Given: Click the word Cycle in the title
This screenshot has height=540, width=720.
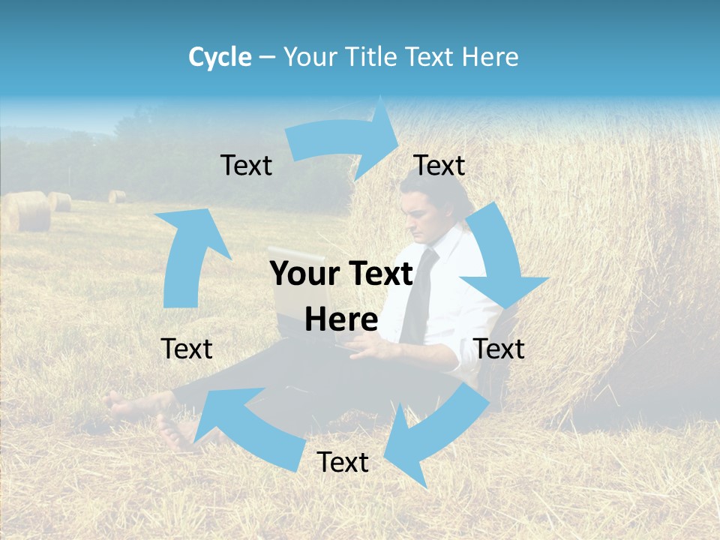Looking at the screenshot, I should pyautogui.click(x=220, y=57).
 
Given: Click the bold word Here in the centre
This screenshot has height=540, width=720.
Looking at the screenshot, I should pyautogui.click(x=341, y=319).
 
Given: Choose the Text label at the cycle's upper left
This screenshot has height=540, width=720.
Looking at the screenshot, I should pyautogui.click(x=247, y=166).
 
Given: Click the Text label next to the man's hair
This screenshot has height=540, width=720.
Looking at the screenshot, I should pyautogui.click(x=439, y=166).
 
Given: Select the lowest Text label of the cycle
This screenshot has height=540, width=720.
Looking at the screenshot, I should pyautogui.click(x=343, y=463).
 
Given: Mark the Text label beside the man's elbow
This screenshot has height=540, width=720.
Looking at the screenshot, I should pyautogui.click(x=499, y=349).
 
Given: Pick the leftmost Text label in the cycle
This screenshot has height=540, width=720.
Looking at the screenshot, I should pyautogui.click(x=187, y=349).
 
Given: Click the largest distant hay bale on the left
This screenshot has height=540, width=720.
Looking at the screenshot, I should pyautogui.click(x=26, y=211).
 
